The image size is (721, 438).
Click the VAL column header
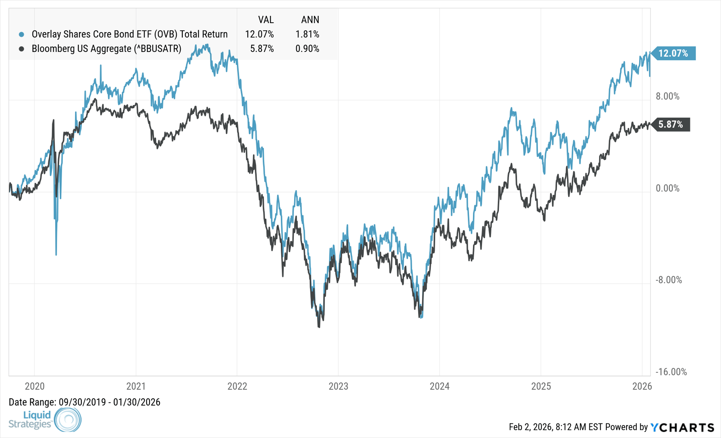pyautogui.click(x=265, y=19)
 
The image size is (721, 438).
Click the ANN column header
pyautogui.click(x=310, y=19)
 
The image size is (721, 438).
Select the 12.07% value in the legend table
pyautogui.click(x=259, y=34)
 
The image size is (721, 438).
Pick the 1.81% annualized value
pyautogui.click(x=307, y=34)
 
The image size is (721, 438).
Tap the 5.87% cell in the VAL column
pyautogui.click(x=262, y=49)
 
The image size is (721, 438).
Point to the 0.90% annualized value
pyautogui.click(x=307, y=49)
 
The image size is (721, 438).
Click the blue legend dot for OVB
pyautogui.click(x=21, y=34)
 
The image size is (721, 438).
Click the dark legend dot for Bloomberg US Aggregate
pyautogui.click(x=21, y=49)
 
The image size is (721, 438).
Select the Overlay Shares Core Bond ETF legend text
pyautogui.click(x=130, y=34)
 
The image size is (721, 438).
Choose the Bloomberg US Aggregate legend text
pyautogui.click(x=107, y=49)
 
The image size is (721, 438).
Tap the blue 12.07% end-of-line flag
pyautogui.click(x=673, y=53)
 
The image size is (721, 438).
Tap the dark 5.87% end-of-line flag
pyautogui.click(x=671, y=125)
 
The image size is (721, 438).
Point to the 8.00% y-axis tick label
pyautogui.click(x=668, y=96)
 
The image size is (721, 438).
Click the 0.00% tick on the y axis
pyautogui.click(x=668, y=188)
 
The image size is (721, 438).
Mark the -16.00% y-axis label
pyautogui.click(x=671, y=372)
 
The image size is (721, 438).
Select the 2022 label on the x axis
pyautogui.click(x=237, y=386)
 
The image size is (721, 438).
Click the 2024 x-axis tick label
pyautogui.click(x=440, y=386)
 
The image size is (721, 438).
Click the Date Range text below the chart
pyautogui.click(x=84, y=402)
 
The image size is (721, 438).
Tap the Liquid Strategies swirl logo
pyautogui.click(x=68, y=419)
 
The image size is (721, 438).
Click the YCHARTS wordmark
pyautogui.click(x=682, y=427)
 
